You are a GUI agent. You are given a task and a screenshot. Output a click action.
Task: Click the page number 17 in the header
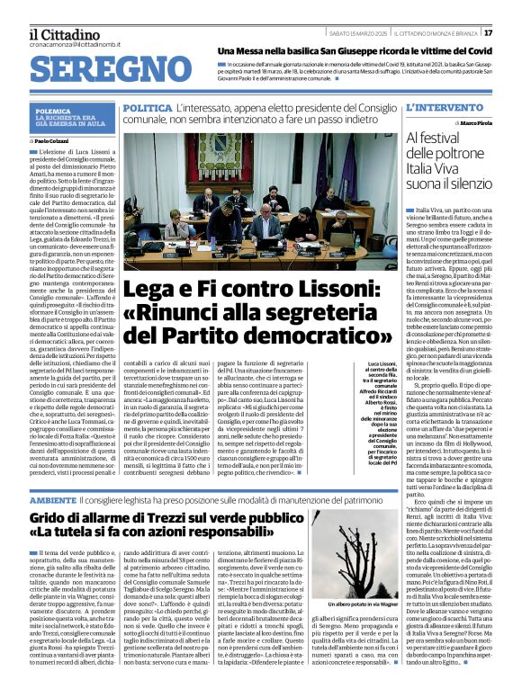(513, 33)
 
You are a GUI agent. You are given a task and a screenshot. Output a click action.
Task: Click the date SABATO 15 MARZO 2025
(356, 33)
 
